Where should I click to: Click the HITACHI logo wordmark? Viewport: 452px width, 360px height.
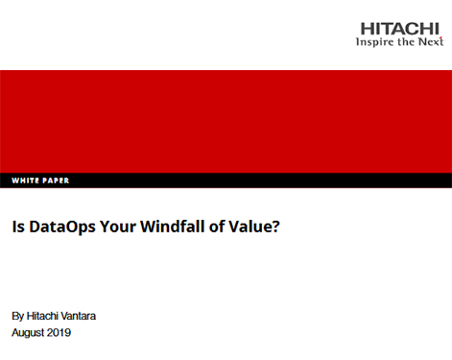399,29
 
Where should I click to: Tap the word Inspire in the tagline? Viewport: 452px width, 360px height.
374,42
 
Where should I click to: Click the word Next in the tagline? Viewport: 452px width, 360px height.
431,41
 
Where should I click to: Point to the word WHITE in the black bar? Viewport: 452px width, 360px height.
25,180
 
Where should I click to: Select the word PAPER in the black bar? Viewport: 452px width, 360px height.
56,180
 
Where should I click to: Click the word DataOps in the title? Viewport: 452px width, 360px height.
62,227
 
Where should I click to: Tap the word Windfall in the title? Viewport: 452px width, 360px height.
173,227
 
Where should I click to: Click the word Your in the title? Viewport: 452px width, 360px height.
118,227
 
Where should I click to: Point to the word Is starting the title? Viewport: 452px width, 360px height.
18,227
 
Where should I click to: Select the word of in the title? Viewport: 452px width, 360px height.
217,227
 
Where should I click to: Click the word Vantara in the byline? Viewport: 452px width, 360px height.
78,316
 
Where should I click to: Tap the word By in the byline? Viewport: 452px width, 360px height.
17,317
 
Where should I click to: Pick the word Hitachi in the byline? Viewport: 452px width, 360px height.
42,316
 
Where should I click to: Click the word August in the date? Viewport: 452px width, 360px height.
27,333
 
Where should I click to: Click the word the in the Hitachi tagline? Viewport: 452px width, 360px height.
406,41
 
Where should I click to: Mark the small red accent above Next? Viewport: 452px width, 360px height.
440,37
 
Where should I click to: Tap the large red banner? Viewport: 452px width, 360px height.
226,122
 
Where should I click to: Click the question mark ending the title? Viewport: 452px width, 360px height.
276,227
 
